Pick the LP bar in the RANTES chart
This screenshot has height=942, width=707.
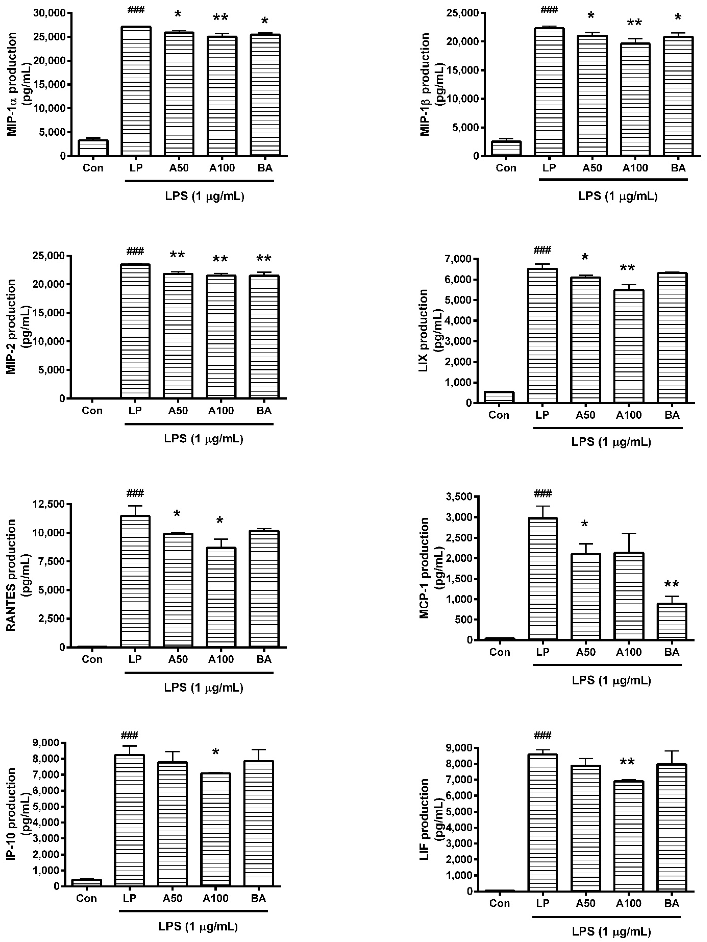(135, 581)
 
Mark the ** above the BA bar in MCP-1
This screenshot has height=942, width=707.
(672, 585)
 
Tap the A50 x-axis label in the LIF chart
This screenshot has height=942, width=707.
(585, 903)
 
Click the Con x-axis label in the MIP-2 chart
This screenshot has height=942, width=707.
(92, 411)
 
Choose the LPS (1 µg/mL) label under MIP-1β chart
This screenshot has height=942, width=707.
(618, 196)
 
